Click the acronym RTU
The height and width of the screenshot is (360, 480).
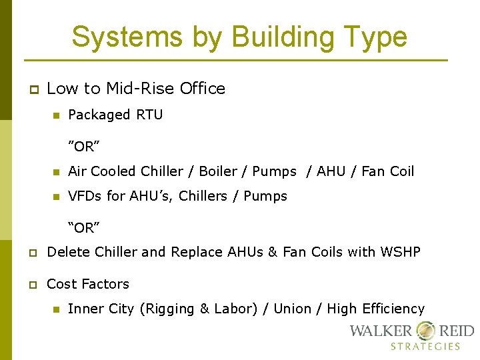149,115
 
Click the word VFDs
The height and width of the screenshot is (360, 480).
85,196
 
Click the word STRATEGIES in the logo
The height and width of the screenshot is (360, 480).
425,346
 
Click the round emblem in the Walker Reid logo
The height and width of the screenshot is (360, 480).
425,330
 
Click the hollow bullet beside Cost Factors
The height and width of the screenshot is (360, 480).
32,285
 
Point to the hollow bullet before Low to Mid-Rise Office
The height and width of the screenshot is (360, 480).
32,89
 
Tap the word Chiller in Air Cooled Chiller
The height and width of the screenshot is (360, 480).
163,171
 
